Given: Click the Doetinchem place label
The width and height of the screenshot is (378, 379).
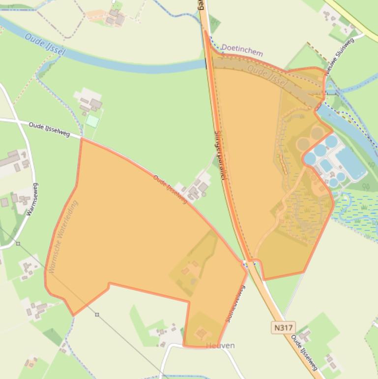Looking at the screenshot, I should pos(242,50).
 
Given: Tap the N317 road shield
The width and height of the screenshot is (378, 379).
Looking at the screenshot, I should pos(283,327).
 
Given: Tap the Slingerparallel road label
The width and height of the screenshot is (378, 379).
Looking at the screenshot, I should pos(219,155).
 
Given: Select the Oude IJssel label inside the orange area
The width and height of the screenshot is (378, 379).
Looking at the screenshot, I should pos(267,76).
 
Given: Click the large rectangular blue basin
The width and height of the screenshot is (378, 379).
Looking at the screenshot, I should pos(350,163).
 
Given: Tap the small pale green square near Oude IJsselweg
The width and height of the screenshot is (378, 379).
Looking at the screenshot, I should pos(92,121).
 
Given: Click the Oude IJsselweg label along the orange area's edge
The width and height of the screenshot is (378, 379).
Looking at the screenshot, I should pos(171,189).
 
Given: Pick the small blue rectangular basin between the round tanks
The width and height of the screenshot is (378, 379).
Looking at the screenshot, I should pos(326,165).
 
